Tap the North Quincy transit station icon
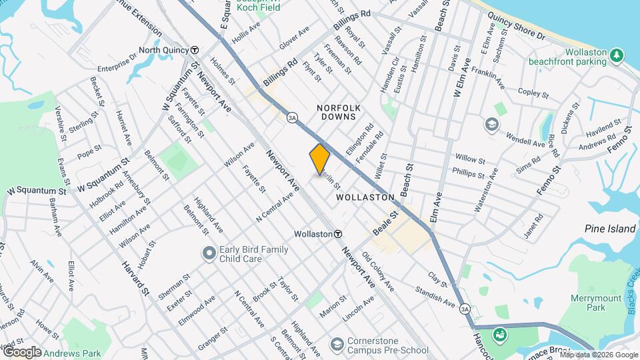click(195, 50)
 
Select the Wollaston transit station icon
click(339, 234)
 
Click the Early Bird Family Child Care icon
click(209, 253)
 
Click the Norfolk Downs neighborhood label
click(339, 111)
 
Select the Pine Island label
click(610, 229)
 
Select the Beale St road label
click(385, 222)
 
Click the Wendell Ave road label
click(525, 141)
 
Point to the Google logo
click(22, 352)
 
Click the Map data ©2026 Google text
click(598, 354)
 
